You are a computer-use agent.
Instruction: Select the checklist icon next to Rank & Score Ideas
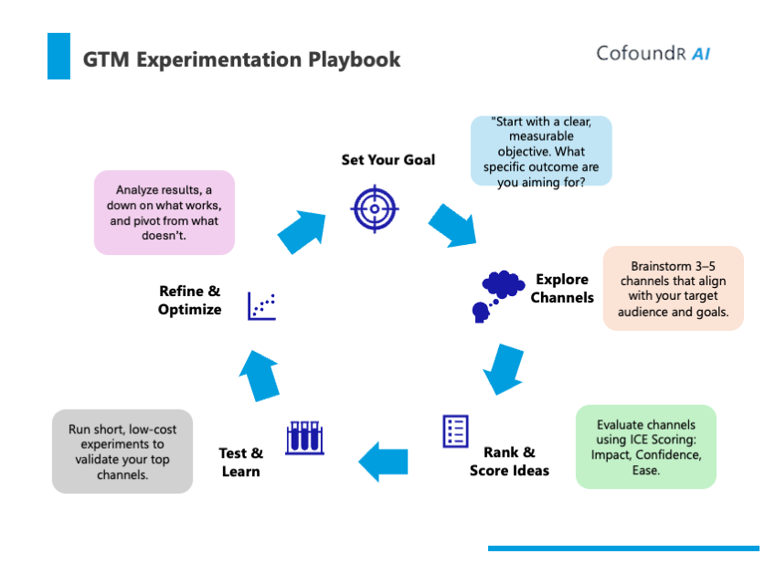point(455,430)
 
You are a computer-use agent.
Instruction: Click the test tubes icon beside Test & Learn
point(305,438)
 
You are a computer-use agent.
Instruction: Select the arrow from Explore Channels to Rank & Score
point(502,367)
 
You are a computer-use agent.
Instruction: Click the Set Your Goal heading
point(388,160)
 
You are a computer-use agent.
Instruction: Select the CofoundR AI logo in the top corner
point(653,53)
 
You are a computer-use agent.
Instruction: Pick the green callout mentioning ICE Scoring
point(645,447)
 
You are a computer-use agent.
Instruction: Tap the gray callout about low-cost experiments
point(122,452)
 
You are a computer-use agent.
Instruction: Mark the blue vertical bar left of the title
point(58,56)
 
